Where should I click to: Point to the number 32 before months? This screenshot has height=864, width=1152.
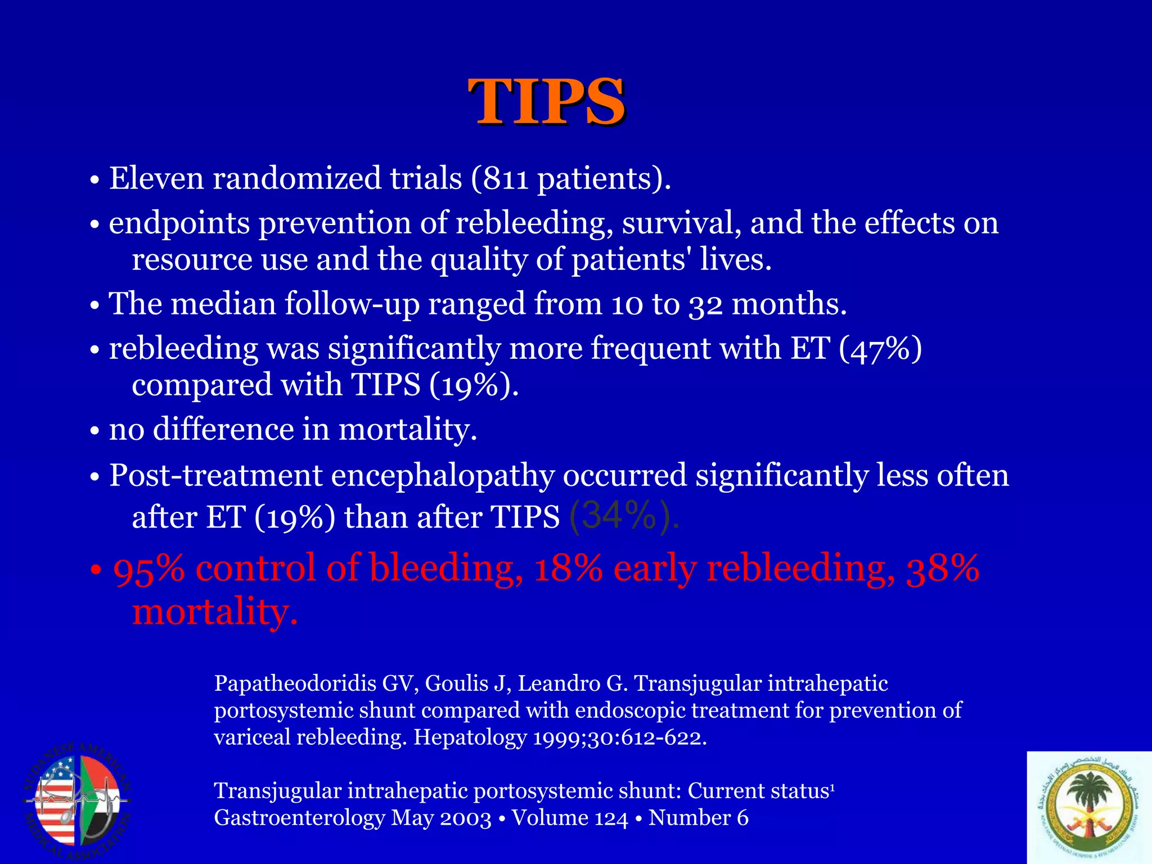point(705,304)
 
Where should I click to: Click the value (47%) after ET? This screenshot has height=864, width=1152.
point(880,349)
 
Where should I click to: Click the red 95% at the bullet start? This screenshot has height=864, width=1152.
point(148,569)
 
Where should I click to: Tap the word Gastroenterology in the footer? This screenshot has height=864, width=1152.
point(299,818)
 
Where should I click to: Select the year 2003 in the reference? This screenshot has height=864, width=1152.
point(465,818)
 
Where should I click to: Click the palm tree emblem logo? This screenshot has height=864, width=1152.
point(1088,807)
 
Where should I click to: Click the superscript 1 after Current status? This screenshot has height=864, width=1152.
point(832,786)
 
